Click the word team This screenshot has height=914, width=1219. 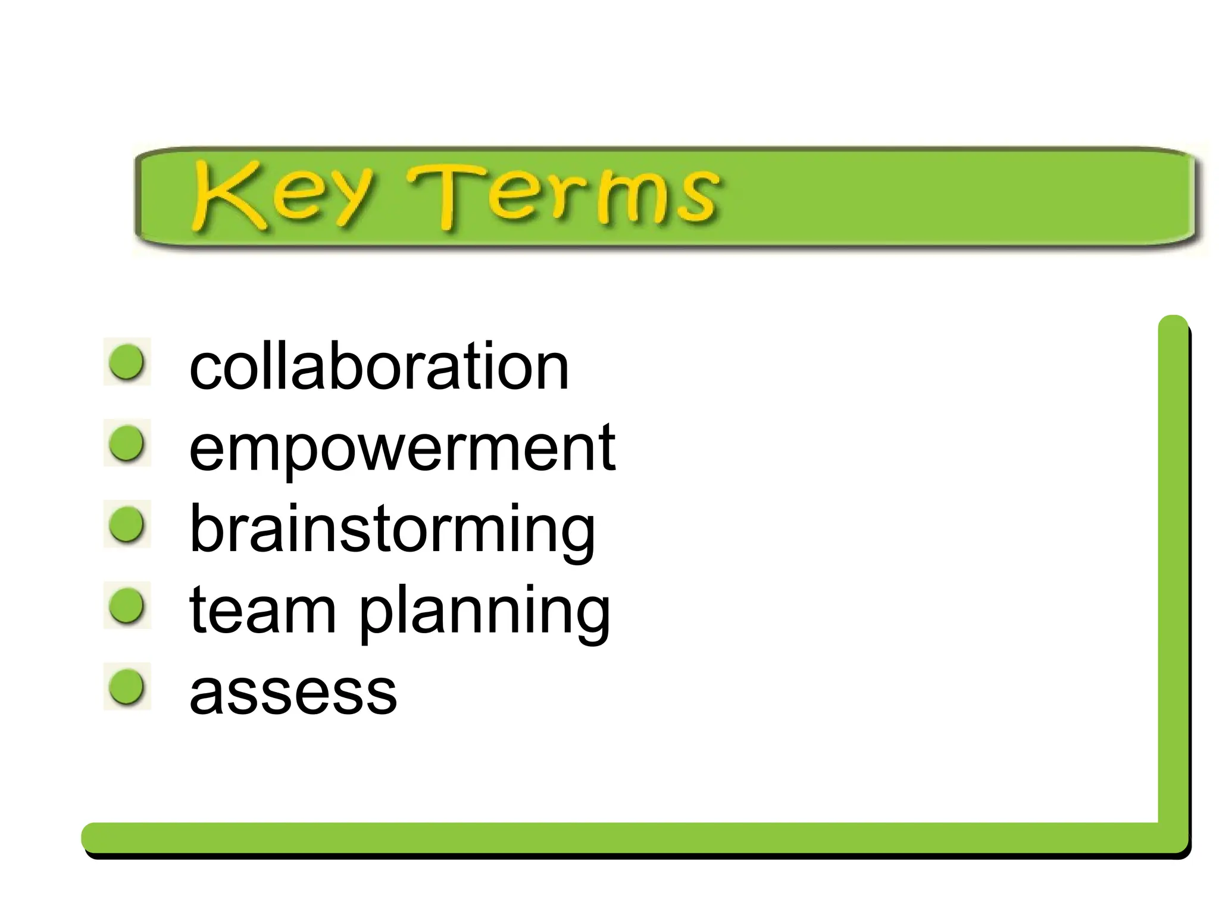point(262,609)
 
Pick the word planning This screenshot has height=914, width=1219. point(485,613)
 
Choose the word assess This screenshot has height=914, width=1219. point(293,692)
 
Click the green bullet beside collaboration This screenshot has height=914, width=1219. point(127,361)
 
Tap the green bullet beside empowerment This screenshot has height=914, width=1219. point(127,443)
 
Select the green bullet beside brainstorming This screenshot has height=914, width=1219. point(127,524)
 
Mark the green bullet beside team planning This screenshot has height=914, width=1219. point(127,605)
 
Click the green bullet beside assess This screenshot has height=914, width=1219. point(127,686)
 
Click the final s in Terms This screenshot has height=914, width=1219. point(696,199)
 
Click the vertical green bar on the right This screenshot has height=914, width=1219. point(1173,565)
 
